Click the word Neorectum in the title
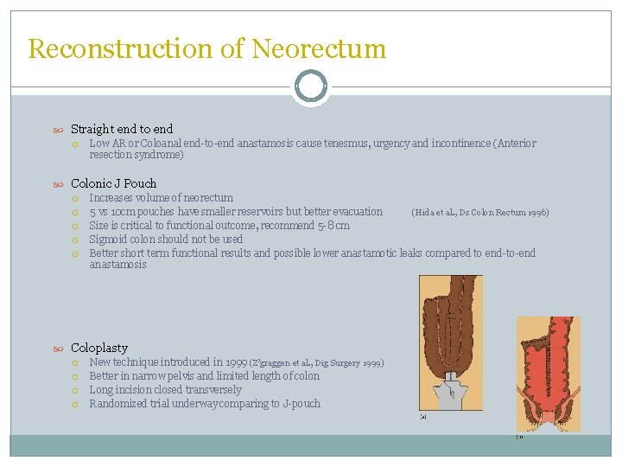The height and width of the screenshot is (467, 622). tap(319, 48)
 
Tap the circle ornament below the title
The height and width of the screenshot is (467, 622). tap(310, 86)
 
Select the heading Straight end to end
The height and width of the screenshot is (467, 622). tap(122, 129)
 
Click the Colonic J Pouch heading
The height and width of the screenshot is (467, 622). tap(114, 183)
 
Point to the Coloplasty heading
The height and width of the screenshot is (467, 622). tap(99, 348)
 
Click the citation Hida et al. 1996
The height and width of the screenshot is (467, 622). tap(479, 212)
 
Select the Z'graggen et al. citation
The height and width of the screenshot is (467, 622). tap(316, 363)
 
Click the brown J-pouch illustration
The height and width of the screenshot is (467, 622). tap(450, 346)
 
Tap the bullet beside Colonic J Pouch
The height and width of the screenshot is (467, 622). tap(59, 183)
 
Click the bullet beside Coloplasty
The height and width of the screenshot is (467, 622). tap(59, 348)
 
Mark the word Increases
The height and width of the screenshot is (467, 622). tap(113, 198)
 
